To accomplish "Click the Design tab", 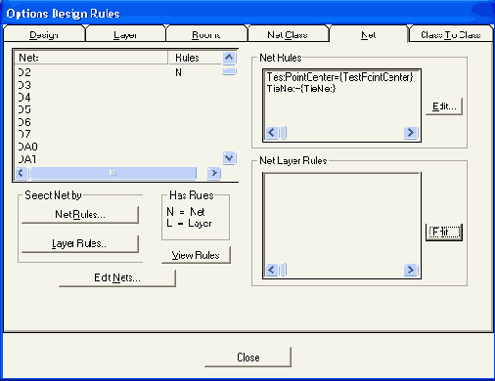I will pyautogui.click(x=44, y=34).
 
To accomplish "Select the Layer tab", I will pyautogui.click(x=125, y=34).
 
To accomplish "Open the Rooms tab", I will pyautogui.click(x=205, y=34).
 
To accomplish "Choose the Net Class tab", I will pyautogui.click(x=287, y=34).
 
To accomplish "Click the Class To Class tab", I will pyautogui.click(x=450, y=34).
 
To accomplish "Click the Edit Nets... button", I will pyautogui.click(x=117, y=278).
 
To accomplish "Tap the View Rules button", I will pyautogui.click(x=197, y=256).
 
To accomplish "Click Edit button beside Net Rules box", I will pyautogui.click(x=443, y=106).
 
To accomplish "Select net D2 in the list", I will pyautogui.click(x=25, y=72).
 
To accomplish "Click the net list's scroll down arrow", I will pyautogui.click(x=229, y=157).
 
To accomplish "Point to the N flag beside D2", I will pyautogui.click(x=178, y=72).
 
